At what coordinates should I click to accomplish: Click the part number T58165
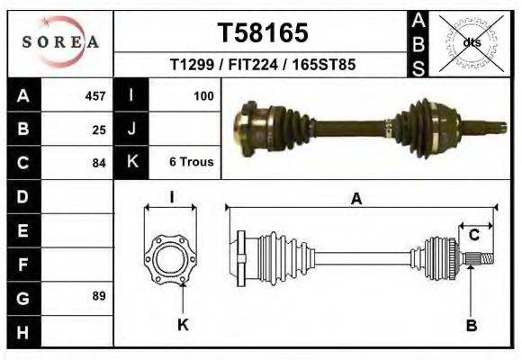(263, 33)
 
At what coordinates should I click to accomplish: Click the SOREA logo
(60, 41)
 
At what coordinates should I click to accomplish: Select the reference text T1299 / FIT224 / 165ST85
(263, 66)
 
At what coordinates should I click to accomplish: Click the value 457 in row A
(94, 95)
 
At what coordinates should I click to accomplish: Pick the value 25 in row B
(99, 130)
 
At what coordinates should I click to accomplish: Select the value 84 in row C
(99, 163)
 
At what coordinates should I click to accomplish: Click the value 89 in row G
(99, 296)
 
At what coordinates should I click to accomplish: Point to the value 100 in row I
(202, 95)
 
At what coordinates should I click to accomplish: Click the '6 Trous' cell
(191, 163)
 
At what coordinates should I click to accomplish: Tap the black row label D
(22, 196)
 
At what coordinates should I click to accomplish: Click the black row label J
(131, 130)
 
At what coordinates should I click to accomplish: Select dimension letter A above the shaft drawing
(356, 200)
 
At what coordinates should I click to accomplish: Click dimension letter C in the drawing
(472, 236)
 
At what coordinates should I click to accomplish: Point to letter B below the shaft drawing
(471, 325)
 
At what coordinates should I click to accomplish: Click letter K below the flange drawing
(182, 325)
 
